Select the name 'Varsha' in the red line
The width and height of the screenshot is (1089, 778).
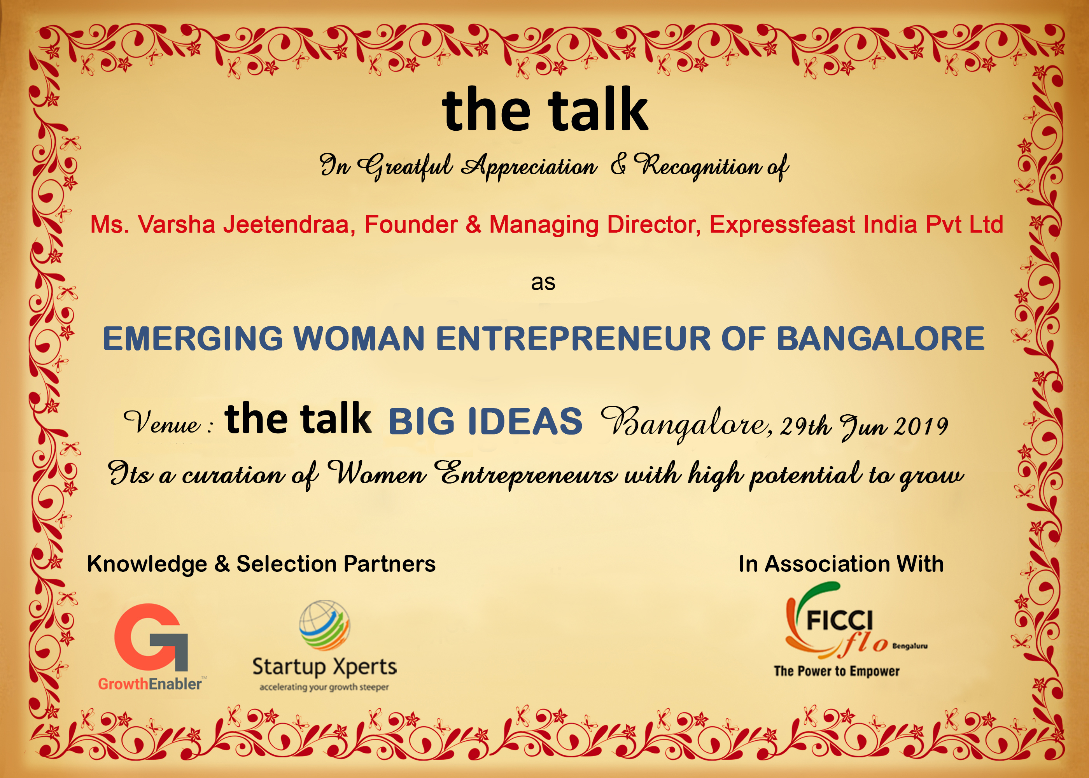click(176, 224)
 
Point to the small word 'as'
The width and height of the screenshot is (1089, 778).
click(543, 283)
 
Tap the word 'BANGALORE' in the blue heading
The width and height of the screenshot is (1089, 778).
click(880, 339)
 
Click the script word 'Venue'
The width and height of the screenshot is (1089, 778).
click(162, 422)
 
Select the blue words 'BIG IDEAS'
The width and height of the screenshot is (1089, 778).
click(485, 422)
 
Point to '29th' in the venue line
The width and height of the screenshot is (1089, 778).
click(805, 426)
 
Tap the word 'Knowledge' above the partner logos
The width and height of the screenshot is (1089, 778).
click(147, 564)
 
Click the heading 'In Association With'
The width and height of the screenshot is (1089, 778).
click(841, 564)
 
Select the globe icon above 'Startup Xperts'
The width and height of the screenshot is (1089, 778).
click(325, 625)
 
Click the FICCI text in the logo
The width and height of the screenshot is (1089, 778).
click(839, 621)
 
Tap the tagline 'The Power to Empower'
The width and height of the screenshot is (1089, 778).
click(837, 671)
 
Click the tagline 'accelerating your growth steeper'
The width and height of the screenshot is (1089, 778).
click(324, 687)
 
